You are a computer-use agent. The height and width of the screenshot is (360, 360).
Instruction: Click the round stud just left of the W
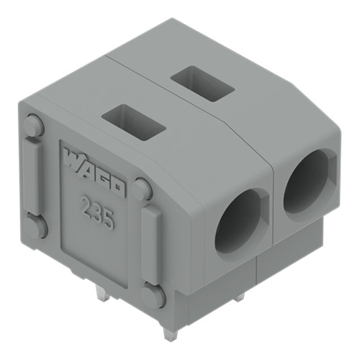(34, 126)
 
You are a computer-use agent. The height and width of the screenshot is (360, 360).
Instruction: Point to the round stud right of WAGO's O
(142, 189)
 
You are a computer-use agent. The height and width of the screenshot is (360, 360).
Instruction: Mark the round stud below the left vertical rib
(36, 225)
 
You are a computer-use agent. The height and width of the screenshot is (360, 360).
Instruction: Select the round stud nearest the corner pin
(153, 295)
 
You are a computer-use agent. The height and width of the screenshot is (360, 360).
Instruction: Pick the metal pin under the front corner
(168, 330)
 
